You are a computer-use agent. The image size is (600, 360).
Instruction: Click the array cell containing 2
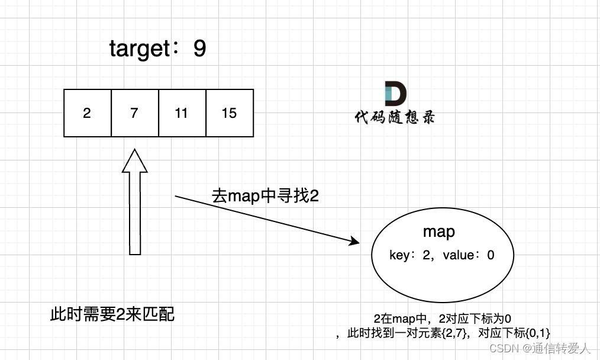pos(87,113)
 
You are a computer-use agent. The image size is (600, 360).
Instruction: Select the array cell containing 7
pos(134,113)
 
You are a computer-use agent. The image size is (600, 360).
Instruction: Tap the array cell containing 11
pos(182,113)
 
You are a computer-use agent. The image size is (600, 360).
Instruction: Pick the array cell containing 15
pos(229,113)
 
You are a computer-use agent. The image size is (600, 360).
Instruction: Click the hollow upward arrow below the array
pos(135,201)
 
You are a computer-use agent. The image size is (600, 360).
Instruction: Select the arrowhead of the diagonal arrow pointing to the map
pos(354,242)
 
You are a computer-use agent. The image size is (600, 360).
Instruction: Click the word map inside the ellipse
pos(439,232)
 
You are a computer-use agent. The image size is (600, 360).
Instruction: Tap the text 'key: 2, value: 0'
pos(442,255)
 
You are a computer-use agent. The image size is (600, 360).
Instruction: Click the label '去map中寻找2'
pos(265,196)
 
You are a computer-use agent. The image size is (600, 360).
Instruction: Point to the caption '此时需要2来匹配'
pos(112,314)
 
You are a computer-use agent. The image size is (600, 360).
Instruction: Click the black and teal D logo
pos(395,94)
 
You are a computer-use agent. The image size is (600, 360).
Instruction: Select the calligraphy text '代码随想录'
pos(395,117)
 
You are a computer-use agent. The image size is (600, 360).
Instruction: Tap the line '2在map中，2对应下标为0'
pos(443,318)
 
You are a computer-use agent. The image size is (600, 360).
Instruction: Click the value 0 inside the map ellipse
pos(490,255)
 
